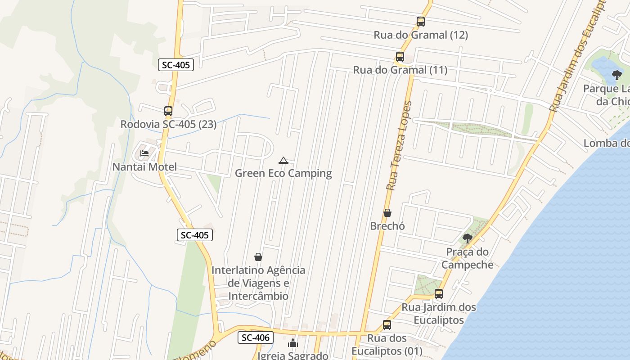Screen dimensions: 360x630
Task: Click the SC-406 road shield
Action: click(x=256, y=337)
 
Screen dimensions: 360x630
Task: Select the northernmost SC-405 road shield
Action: click(x=176, y=65)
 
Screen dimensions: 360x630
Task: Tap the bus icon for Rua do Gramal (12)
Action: click(x=421, y=21)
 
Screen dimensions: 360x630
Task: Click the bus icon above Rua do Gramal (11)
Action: click(x=400, y=57)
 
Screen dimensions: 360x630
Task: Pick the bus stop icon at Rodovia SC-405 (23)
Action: click(x=168, y=111)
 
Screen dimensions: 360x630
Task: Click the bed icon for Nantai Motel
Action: click(x=144, y=153)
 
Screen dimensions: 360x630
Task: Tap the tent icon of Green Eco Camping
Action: click(x=283, y=160)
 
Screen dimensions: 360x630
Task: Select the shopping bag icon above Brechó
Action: click(x=387, y=212)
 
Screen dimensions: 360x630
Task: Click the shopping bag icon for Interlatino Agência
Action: click(x=258, y=257)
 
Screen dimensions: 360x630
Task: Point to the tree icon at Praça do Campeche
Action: click(x=468, y=238)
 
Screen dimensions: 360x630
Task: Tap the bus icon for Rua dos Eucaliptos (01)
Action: click(x=387, y=324)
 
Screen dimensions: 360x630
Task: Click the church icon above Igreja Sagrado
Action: click(x=293, y=343)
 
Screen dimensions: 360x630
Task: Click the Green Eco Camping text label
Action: click(x=283, y=173)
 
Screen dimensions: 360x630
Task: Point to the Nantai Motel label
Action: click(x=144, y=167)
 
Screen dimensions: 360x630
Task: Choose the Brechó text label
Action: click(x=387, y=226)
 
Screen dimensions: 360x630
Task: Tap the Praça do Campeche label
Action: click(x=468, y=258)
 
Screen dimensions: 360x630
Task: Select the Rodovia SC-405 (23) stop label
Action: click(x=168, y=124)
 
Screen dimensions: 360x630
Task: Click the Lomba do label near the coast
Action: click(x=606, y=143)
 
